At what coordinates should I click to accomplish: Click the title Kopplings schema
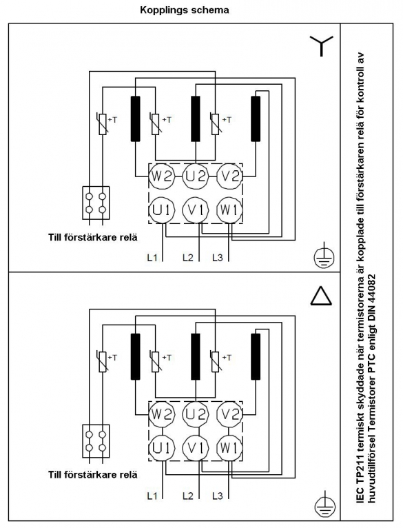(184, 10)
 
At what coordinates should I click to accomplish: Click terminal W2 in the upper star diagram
(162, 176)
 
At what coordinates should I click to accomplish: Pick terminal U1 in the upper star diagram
(162, 210)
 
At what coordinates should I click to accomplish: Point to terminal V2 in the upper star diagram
(229, 176)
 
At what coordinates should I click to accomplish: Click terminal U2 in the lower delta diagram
(196, 414)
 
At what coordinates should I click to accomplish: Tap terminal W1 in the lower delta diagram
(229, 448)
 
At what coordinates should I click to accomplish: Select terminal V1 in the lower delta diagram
(196, 448)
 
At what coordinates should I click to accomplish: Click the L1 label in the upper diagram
(152, 258)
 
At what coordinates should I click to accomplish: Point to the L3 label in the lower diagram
(218, 496)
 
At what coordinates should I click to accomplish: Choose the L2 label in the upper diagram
(188, 258)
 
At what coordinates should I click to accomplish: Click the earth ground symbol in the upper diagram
(324, 256)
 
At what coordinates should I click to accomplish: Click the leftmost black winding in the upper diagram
(135, 119)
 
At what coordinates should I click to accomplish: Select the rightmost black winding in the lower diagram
(256, 356)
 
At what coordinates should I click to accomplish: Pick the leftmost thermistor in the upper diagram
(103, 124)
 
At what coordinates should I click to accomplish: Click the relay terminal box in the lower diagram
(96, 440)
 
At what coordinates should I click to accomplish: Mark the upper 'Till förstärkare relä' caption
(93, 237)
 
